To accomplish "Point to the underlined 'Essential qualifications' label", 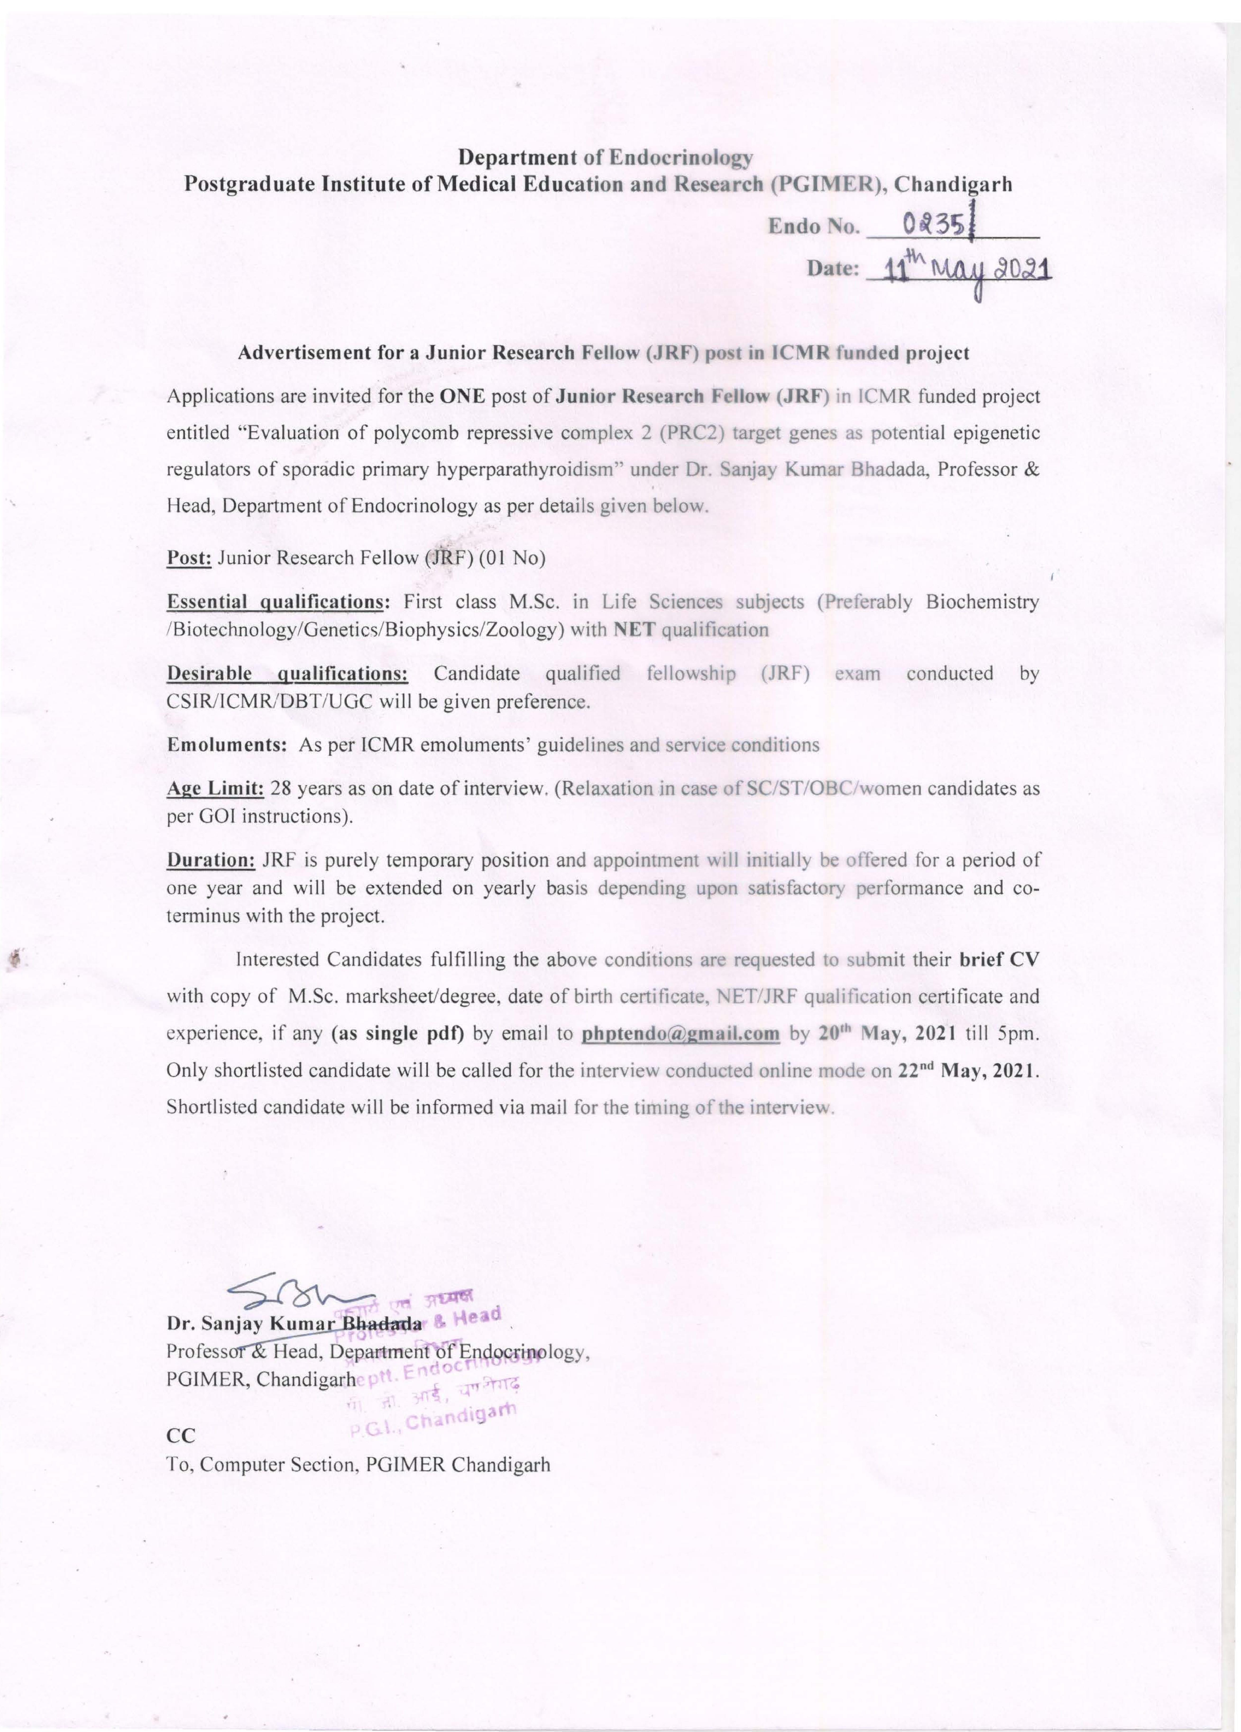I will pyautogui.click(x=276, y=602).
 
